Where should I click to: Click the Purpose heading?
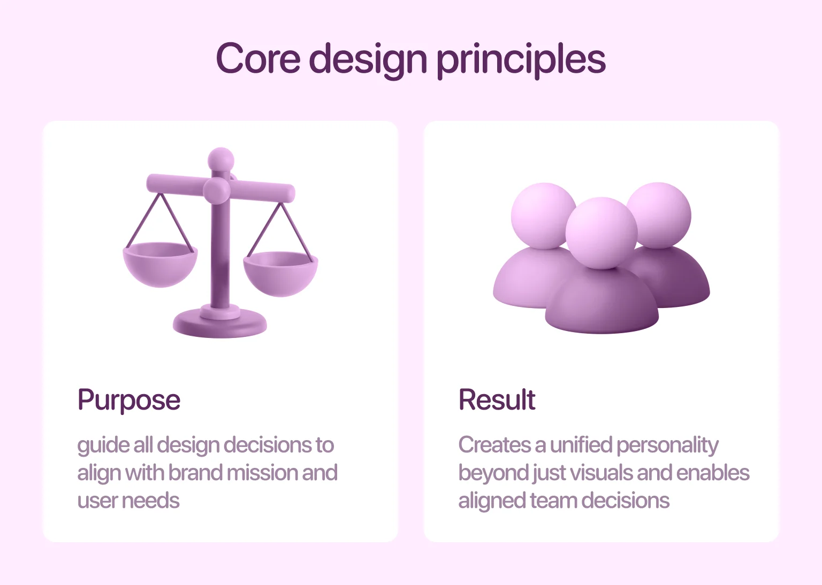(x=129, y=400)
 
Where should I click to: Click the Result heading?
(x=497, y=400)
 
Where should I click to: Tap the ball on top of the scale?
(x=220, y=159)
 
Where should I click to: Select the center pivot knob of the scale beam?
(x=217, y=190)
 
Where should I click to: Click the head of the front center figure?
(x=602, y=233)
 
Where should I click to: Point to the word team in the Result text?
(x=553, y=501)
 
